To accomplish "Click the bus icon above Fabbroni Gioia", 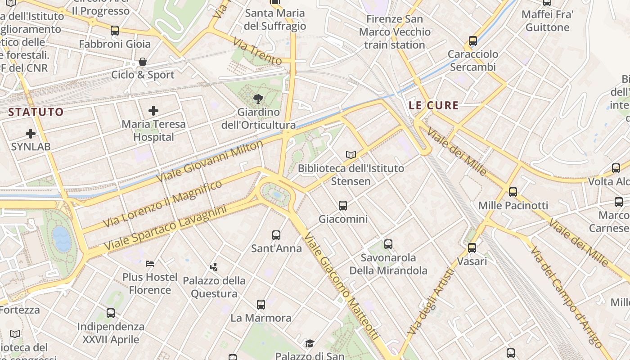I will (x=115, y=31).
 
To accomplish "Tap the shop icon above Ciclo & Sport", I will (x=143, y=61).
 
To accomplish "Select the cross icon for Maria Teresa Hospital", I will (x=153, y=110).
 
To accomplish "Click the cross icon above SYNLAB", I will (x=31, y=133).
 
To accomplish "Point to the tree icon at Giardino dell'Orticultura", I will (x=258, y=99).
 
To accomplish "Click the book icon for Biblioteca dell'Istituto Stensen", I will (x=351, y=155).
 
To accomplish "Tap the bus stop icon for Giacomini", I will (x=343, y=206).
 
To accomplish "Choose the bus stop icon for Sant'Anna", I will (x=276, y=235).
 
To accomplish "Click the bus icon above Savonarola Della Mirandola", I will (x=388, y=244).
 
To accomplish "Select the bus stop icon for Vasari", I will (x=472, y=247).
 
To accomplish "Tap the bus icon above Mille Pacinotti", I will (x=513, y=192).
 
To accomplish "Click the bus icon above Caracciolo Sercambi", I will (x=473, y=41).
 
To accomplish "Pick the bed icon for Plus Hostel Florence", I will (x=150, y=263).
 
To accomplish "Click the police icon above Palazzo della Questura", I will (x=214, y=267).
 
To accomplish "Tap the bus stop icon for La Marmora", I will (x=261, y=304).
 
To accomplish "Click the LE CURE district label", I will (x=434, y=106).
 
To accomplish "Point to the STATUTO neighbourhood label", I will (x=36, y=112).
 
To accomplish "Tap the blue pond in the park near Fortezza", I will (x=62, y=239).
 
